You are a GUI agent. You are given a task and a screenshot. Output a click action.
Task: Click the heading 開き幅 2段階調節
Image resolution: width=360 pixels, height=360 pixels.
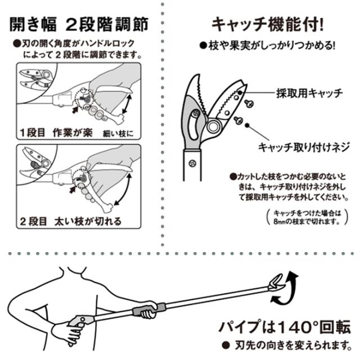[x=79, y=24]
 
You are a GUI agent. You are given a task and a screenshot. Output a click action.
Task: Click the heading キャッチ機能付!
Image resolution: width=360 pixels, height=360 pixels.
[x=268, y=24]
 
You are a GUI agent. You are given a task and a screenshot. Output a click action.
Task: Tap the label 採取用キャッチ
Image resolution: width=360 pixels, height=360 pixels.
[x=309, y=93]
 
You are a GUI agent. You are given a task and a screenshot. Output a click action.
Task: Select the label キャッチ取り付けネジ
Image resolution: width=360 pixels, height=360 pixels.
[x=304, y=147]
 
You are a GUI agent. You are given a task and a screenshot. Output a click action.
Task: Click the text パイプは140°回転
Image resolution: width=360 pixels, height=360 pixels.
[x=285, y=327]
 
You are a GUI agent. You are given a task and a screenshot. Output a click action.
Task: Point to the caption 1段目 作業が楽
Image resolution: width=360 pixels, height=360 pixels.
[x=56, y=133]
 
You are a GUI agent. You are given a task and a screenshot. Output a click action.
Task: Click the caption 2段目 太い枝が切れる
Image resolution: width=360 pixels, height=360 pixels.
[x=70, y=221]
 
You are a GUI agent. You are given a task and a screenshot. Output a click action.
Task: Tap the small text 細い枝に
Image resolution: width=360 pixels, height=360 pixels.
[x=118, y=134]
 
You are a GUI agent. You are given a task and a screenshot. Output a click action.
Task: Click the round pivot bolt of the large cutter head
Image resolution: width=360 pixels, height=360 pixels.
[x=214, y=125]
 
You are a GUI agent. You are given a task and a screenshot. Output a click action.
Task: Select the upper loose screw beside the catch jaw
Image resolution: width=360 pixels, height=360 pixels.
[x=249, y=103]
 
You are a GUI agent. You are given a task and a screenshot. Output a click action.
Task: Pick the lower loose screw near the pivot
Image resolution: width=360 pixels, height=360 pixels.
[x=238, y=120]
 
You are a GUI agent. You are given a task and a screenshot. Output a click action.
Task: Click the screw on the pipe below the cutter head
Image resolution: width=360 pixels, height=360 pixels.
[x=192, y=163]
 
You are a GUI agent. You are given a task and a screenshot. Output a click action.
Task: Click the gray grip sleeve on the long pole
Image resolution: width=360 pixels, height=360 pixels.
[x=148, y=309]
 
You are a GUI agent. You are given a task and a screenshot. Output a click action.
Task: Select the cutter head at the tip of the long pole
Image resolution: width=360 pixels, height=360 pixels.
[x=277, y=283]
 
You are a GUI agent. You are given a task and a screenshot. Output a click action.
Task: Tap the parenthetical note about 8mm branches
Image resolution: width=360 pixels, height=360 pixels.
[x=307, y=217]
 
